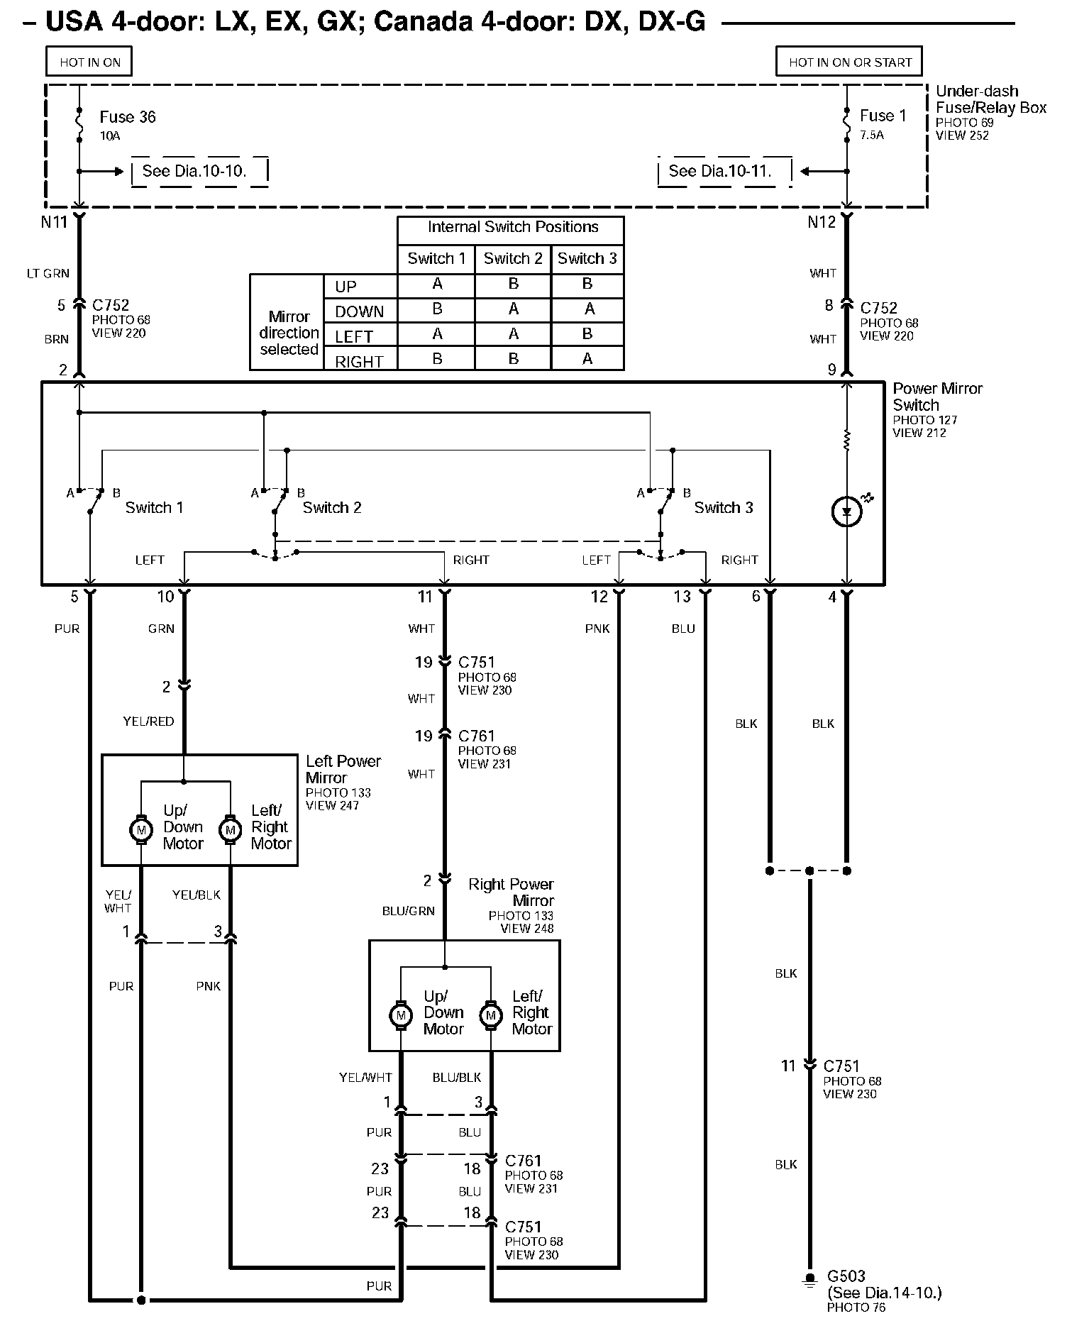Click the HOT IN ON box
coord(89,62)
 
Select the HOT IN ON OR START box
coord(850,62)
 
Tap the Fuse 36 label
coord(127,117)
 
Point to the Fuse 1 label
coord(883,116)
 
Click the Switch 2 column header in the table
coord(513,258)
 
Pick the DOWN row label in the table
coord(359,311)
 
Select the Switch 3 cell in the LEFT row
coord(587,333)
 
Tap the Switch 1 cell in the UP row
coord(437,284)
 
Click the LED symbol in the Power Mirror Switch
coord(846,511)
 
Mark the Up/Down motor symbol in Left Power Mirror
coord(141,829)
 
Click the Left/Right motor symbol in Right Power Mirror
coord(490,1015)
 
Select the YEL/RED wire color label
coord(148,722)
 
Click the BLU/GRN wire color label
coord(408,911)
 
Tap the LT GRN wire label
coord(48,273)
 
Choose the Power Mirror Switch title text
coord(936,397)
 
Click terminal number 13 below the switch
coord(682,597)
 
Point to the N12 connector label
coord(822,222)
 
